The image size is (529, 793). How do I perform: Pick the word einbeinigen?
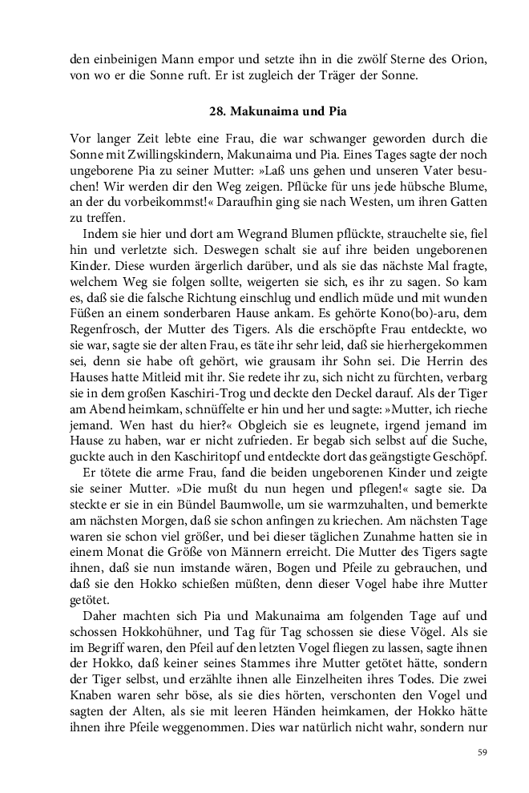pos(127,59)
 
